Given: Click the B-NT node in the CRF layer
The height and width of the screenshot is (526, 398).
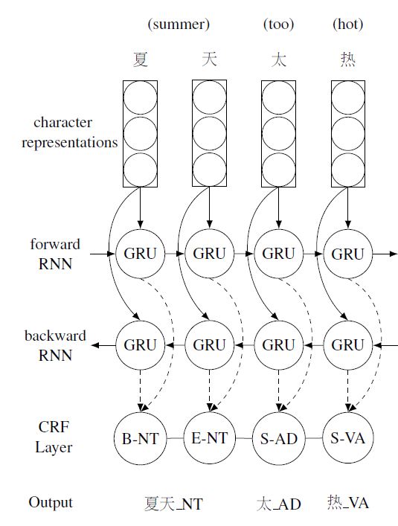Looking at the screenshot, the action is tap(140, 438).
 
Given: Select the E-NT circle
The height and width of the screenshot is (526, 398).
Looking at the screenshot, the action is tap(210, 438).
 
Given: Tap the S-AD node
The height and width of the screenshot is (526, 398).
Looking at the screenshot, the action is tap(279, 438).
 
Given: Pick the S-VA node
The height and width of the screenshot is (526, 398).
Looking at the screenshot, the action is tap(347, 438).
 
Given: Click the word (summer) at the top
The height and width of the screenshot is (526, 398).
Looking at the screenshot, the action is tap(179, 25).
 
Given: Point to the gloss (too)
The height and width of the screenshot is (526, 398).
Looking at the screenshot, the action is tap(279, 25).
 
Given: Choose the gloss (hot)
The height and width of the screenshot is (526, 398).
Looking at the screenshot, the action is tap(347, 25).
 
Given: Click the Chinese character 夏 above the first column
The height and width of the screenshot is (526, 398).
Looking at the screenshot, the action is tap(140, 60).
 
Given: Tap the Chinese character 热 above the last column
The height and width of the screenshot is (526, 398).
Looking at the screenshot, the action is tap(347, 60).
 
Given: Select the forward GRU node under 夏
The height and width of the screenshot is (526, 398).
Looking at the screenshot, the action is tap(140, 254).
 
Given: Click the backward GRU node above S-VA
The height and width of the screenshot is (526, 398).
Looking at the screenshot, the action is tap(347, 345).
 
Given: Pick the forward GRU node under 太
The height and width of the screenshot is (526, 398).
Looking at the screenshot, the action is tap(279, 254).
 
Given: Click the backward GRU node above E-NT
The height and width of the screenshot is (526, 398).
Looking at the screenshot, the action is tap(210, 345).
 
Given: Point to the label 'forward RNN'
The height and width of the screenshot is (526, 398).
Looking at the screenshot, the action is tap(55, 254).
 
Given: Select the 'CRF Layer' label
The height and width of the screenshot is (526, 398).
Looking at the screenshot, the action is tap(54, 437).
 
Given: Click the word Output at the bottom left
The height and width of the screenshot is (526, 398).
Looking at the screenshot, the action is tap(51, 502).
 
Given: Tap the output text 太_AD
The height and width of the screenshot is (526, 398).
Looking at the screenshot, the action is tap(279, 504).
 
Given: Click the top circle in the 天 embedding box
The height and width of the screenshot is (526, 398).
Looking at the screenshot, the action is tap(210, 97).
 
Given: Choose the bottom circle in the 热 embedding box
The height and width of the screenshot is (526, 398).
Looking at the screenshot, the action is tap(347, 170).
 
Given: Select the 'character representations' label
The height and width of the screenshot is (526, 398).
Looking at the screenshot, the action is tap(70, 132).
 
